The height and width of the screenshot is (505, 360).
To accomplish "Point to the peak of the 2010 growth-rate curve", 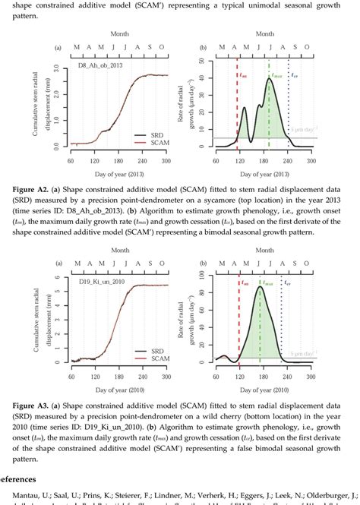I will point(261,287).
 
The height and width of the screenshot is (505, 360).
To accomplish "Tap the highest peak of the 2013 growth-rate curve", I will point(270,77).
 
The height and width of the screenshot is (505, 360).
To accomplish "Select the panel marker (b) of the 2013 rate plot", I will point(204,48).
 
